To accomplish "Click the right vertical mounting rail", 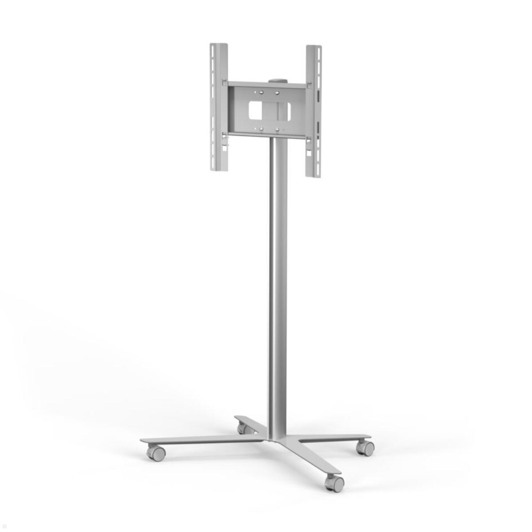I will coord(313,111).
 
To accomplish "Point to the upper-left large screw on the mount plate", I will coord(261,93).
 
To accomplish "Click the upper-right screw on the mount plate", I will coord(277,93).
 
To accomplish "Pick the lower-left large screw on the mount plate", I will coord(261,129).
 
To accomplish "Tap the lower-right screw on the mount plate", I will coord(277,130).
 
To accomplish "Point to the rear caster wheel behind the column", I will coord(243,428).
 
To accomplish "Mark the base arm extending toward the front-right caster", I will coord(310,457).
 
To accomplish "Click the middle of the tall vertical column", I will coord(278,288).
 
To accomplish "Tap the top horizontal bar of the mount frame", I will coord(266,84).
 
